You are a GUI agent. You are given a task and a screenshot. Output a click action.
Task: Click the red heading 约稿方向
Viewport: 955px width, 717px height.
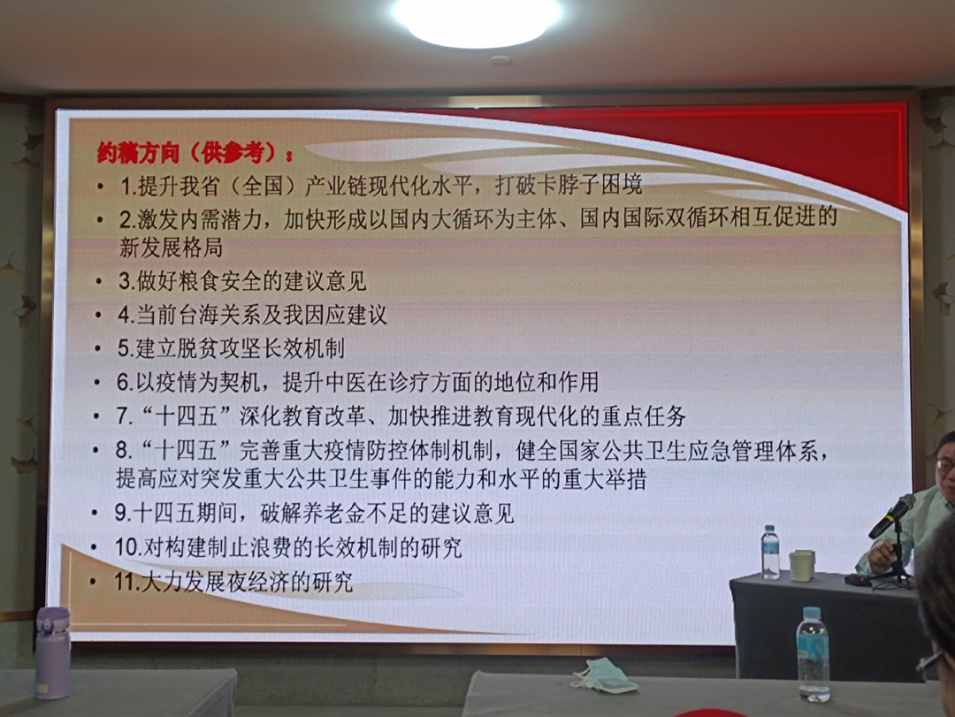(x=138, y=153)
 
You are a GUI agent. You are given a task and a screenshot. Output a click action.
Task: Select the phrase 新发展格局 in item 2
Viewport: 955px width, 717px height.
(x=172, y=248)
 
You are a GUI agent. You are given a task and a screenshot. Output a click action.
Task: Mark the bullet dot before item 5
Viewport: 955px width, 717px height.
(x=97, y=347)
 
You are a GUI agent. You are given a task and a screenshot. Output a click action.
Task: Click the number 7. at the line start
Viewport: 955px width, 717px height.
(x=125, y=416)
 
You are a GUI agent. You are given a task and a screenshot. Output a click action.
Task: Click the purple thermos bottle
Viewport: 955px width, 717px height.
(x=52, y=652)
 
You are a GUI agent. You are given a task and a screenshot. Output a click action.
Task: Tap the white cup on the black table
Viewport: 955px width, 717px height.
(x=802, y=565)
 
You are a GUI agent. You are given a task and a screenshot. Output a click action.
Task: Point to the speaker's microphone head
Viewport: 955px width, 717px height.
(x=904, y=507)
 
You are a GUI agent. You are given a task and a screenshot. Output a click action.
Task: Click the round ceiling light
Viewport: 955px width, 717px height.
(x=477, y=19)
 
